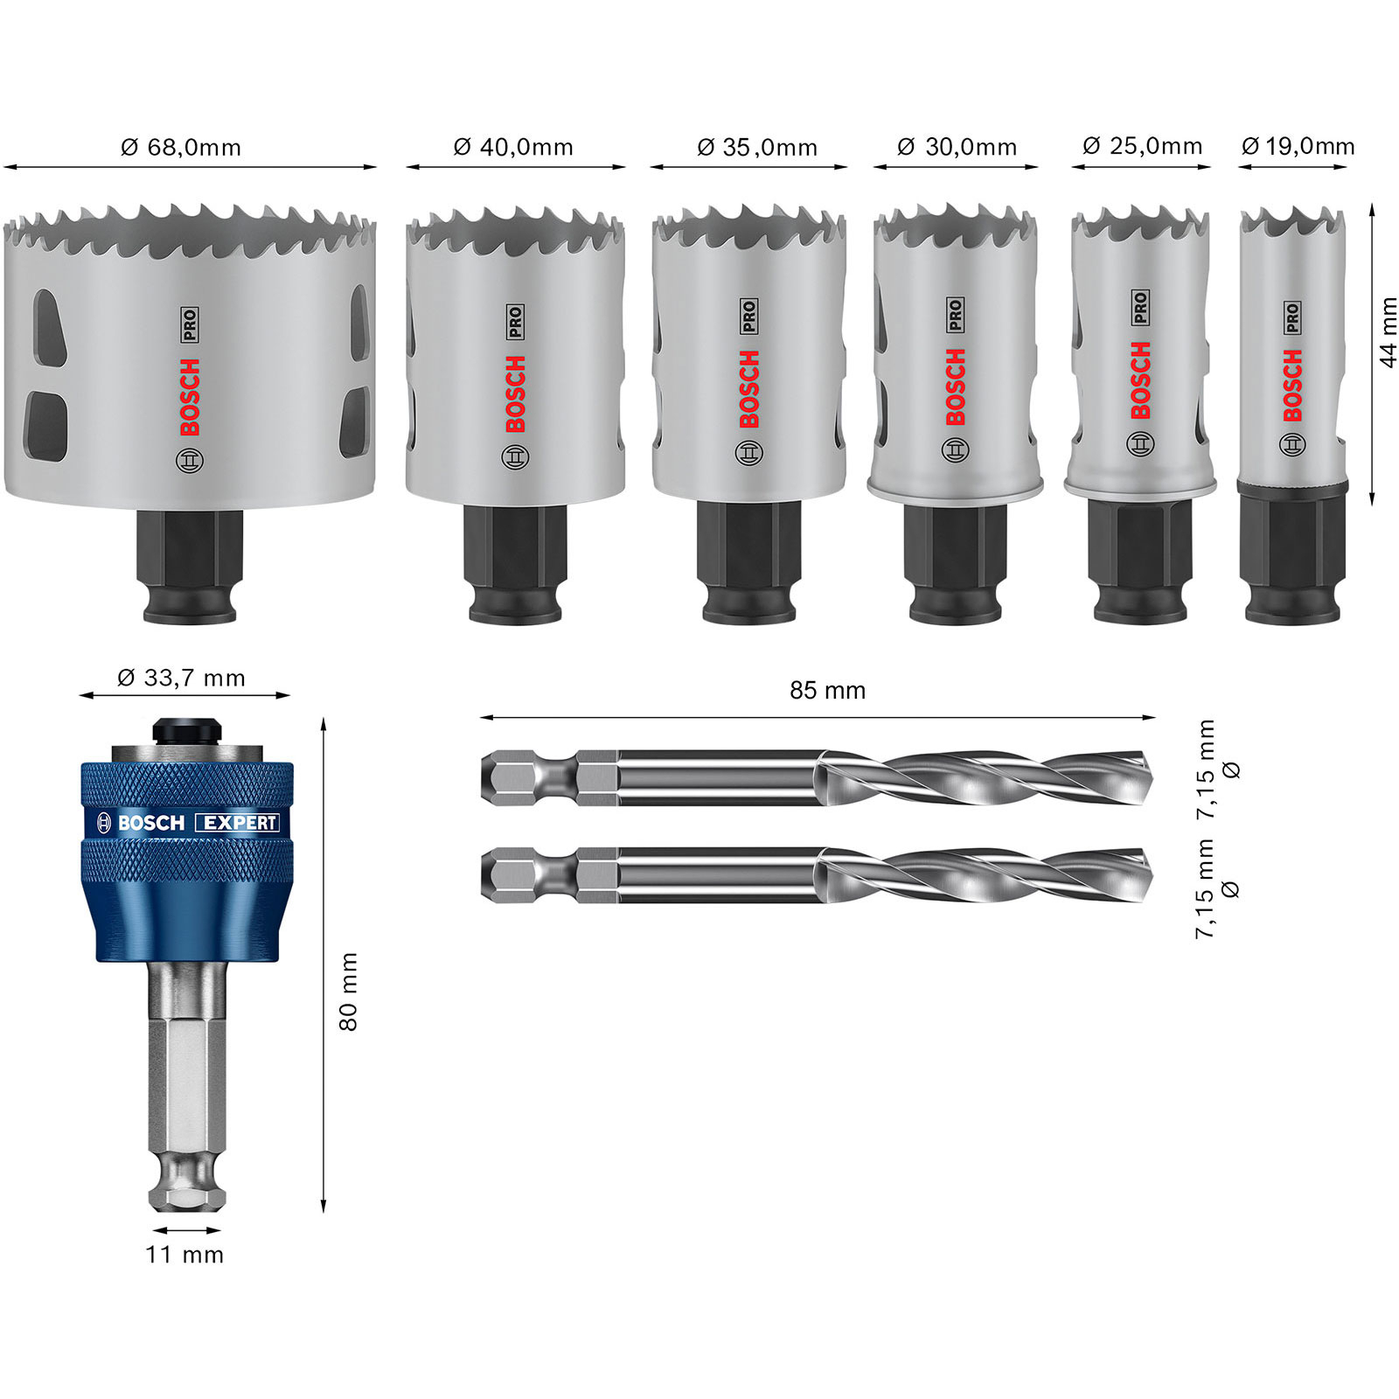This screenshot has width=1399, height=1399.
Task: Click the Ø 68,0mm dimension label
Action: (181, 147)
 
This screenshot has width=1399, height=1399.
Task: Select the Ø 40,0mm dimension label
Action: (513, 147)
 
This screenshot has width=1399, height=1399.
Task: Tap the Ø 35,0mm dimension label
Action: (757, 147)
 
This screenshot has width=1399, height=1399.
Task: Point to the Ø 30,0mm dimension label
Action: (957, 147)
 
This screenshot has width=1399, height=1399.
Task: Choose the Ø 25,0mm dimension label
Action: (1142, 145)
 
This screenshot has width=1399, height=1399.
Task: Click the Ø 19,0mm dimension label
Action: (1298, 145)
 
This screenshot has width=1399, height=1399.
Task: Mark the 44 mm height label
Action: (1388, 332)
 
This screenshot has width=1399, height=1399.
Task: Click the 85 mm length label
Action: (827, 691)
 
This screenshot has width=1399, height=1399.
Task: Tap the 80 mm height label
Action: (348, 992)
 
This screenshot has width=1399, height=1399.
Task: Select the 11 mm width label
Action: (184, 1255)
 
